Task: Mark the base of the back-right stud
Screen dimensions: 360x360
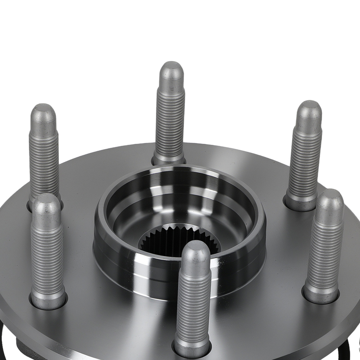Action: (x=300, y=202)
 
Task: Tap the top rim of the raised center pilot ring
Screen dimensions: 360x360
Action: (x=180, y=169)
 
